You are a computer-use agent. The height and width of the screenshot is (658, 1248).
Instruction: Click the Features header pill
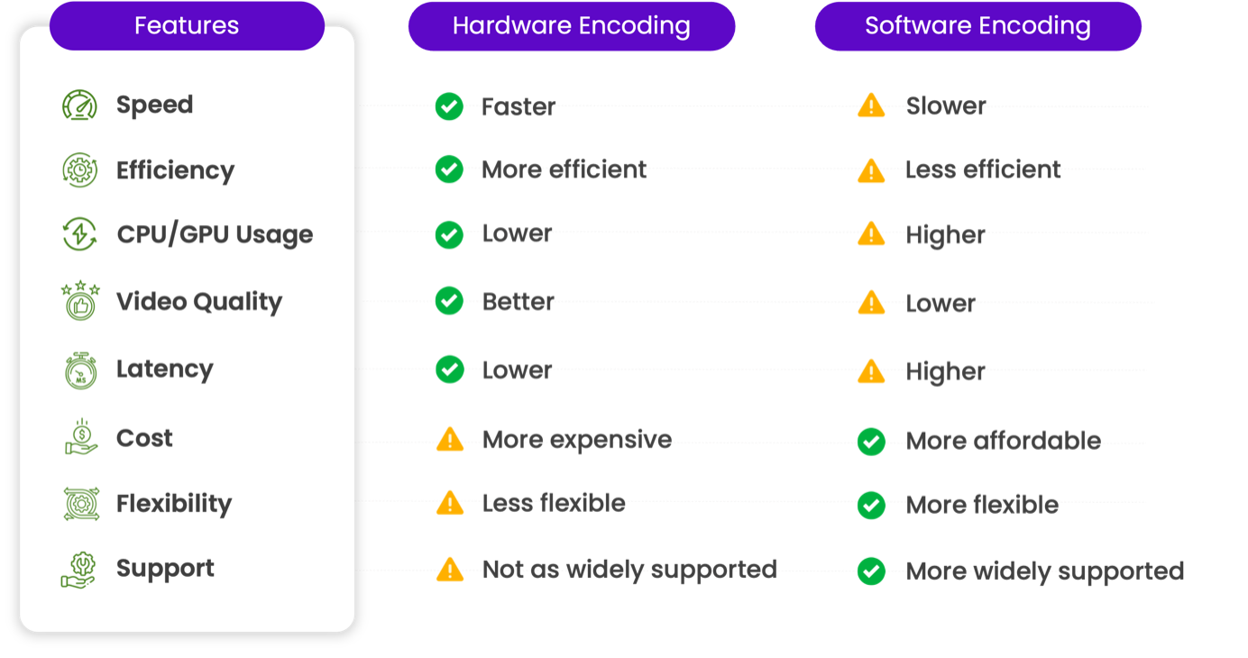(x=187, y=25)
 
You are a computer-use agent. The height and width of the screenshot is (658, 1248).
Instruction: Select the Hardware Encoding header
(x=571, y=26)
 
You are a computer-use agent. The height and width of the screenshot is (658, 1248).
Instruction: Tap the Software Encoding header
(x=977, y=26)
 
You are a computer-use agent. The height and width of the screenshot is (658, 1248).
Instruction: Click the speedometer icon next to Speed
(x=79, y=105)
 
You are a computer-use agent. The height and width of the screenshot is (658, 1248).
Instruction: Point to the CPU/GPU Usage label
(x=215, y=234)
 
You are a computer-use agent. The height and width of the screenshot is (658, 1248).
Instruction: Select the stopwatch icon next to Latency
(x=79, y=370)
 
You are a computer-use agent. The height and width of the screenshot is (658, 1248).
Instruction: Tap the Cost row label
(x=144, y=438)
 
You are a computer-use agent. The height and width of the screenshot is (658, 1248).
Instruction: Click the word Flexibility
(x=174, y=504)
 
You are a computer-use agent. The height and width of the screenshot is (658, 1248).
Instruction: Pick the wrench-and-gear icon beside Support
(x=79, y=569)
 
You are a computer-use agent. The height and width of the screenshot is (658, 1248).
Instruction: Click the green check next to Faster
(x=449, y=106)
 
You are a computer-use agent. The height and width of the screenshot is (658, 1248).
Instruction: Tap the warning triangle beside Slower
(x=870, y=105)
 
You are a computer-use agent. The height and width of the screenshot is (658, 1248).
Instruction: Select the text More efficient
(x=564, y=169)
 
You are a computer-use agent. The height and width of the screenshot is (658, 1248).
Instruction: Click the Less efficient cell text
(x=983, y=169)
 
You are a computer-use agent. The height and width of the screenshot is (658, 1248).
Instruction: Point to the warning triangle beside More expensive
(x=449, y=439)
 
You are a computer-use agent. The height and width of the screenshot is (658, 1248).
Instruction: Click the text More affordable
(x=1003, y=441)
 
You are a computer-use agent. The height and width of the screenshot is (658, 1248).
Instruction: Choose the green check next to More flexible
(x=870, y=505)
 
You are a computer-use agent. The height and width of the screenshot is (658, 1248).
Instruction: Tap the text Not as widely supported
(x=629, y=569)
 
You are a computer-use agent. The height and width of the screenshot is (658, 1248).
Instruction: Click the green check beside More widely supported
(x=870, y=571)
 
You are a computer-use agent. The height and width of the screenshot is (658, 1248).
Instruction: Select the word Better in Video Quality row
(x=518, y=302)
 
